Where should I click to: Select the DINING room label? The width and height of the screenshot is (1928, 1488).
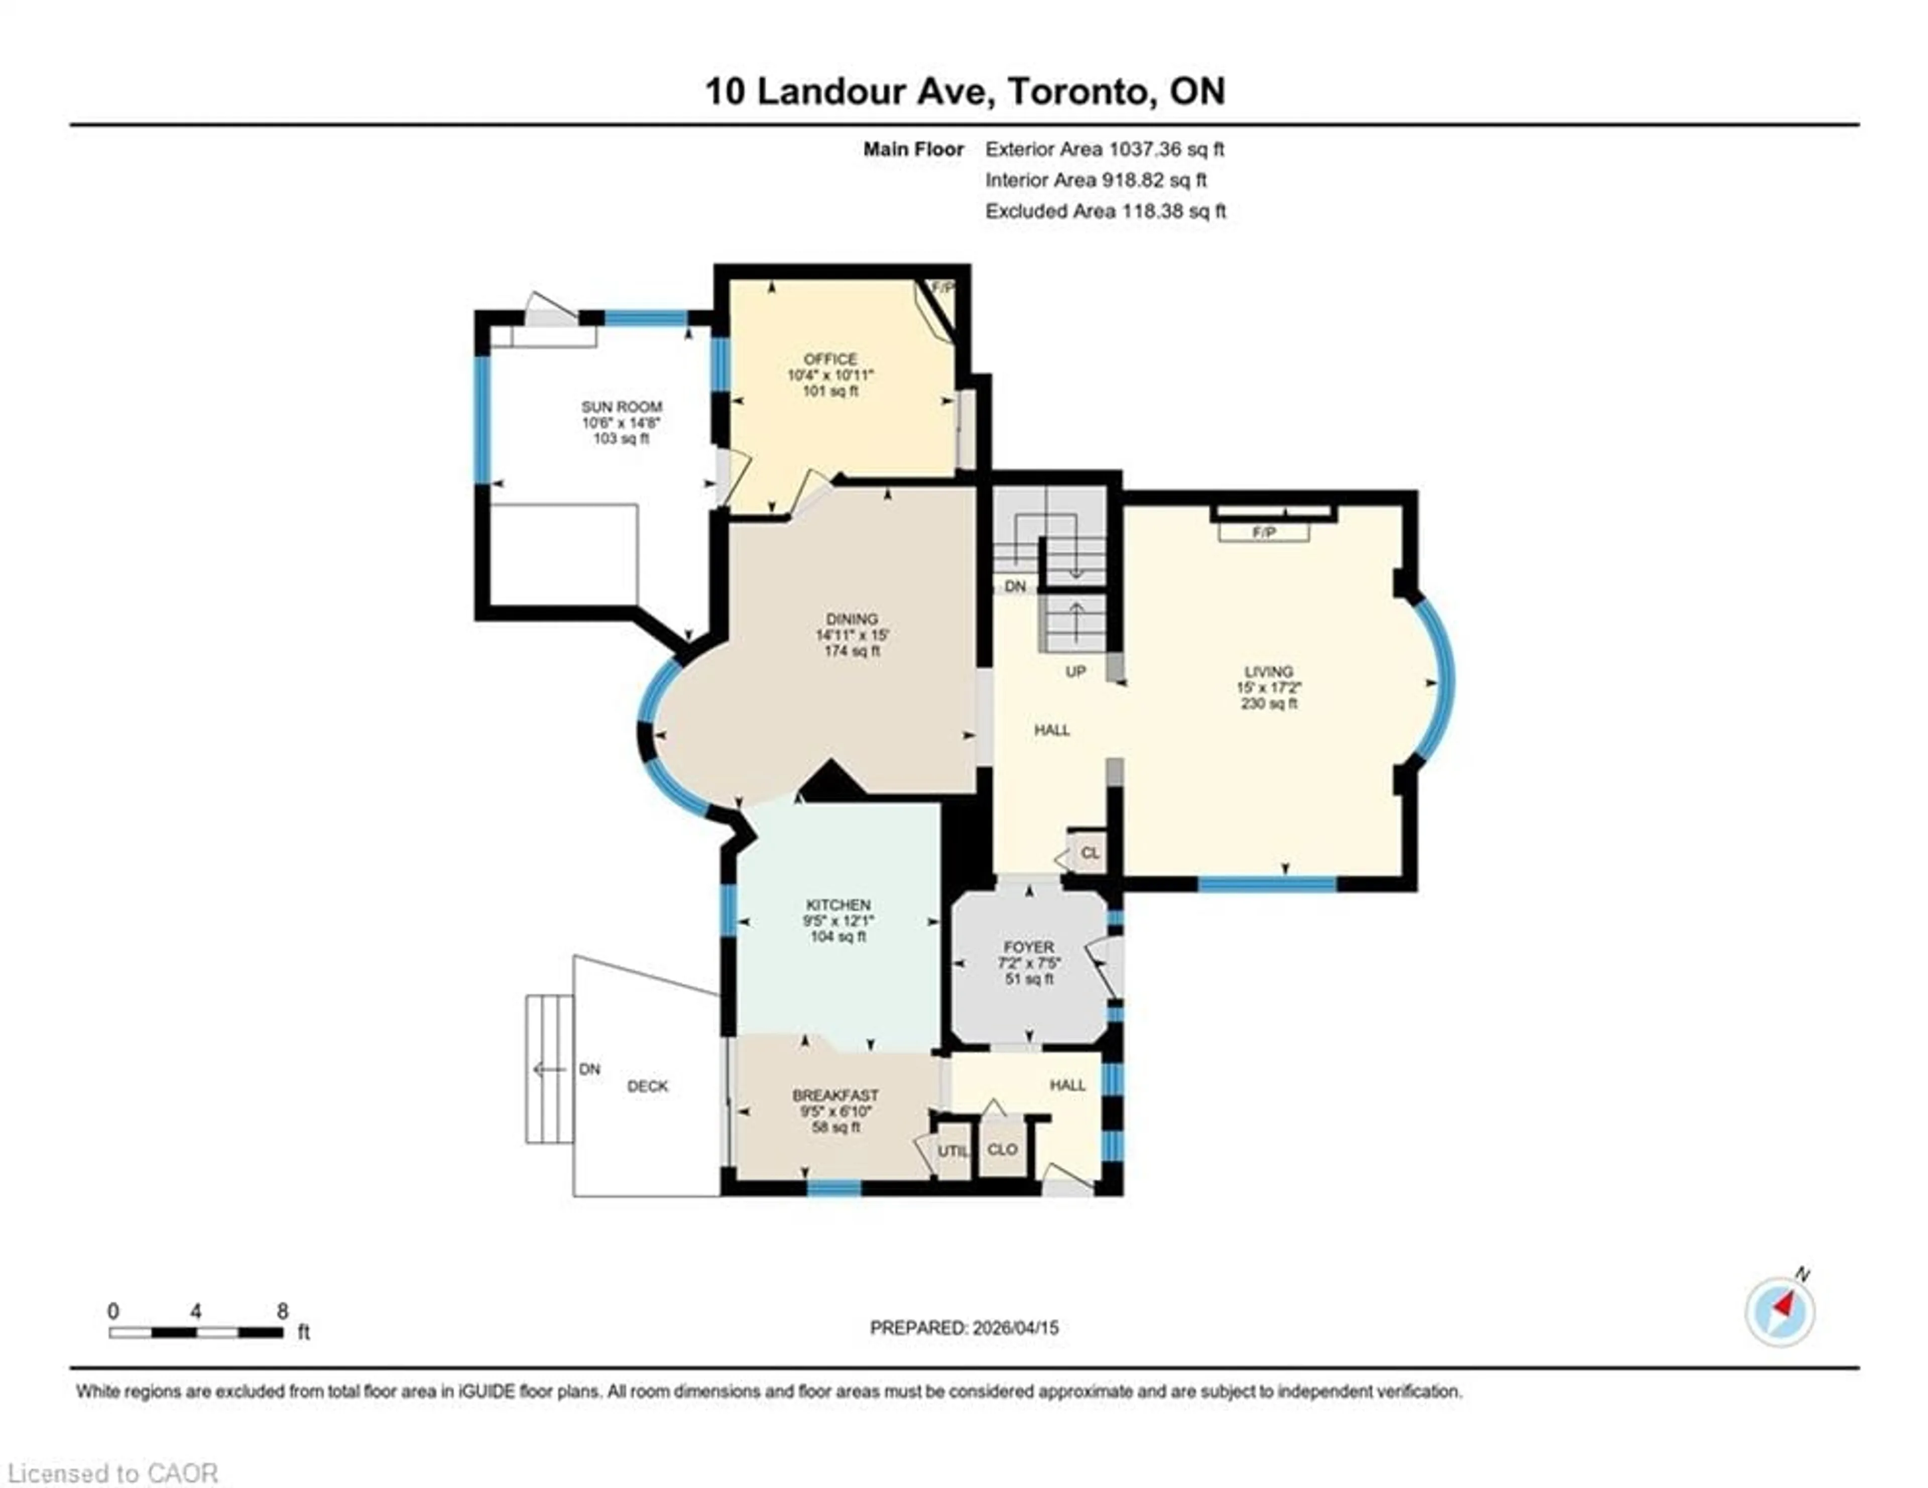click(x=852, y=618)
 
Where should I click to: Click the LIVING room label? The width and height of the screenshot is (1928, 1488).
click(x=1269, y=671)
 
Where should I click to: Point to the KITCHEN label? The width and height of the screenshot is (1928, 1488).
click(x=838, y=905)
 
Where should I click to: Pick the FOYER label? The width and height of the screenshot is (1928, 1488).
click(x=1028, y=947)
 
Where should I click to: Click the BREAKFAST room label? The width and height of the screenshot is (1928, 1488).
click(x=835, y=1095)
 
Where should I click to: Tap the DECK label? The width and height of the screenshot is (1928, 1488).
click(x=647, y=1086)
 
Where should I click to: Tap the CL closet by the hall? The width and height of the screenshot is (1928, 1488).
click(x=1090, y=852)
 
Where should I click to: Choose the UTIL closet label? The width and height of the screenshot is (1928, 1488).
click(x=952, y=1151)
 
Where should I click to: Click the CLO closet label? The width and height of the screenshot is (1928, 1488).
click(x=1003, y=1149)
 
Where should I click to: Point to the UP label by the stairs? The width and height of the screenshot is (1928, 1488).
click(x=1075, y=672)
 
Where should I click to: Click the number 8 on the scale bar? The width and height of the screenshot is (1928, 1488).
click(x=283, y=1311)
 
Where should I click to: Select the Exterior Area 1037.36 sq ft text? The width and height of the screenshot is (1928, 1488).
click(x=1105, y=149)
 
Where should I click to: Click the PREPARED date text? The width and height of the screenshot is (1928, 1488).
click(x=964, y=1327)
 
